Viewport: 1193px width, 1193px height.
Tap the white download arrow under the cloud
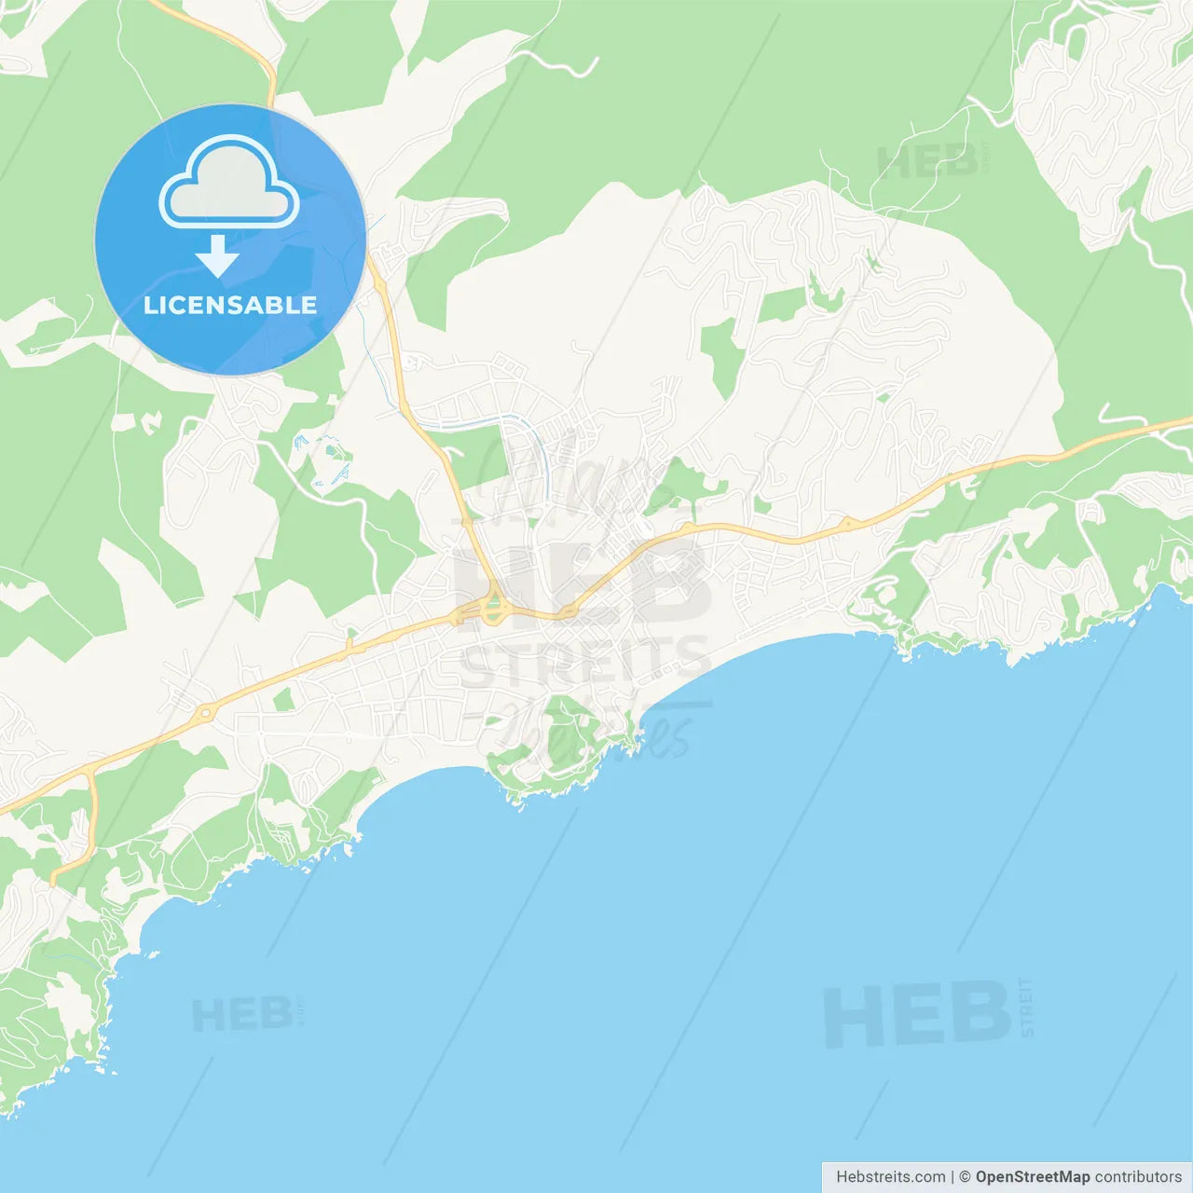click(x=217, y=255)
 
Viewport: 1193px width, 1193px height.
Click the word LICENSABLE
click(x=230, y=305)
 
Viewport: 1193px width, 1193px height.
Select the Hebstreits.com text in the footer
click(x=890, y=1177)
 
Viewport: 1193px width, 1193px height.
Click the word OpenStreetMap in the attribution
click(x=1032, y=1177)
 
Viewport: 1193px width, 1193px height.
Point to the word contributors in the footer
click(x=1138, y=1177)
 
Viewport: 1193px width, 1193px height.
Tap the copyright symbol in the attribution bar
click(x=965, y=1177)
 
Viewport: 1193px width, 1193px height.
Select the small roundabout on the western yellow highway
click(x=205, y=713)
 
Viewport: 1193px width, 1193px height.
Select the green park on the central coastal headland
click(x=559, y=736)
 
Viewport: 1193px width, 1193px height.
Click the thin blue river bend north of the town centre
click(x=522, y=424)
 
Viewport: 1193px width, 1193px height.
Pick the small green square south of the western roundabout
click(x=283, y=699)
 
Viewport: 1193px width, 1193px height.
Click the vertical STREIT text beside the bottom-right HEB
click(x=1026, y=1007)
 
